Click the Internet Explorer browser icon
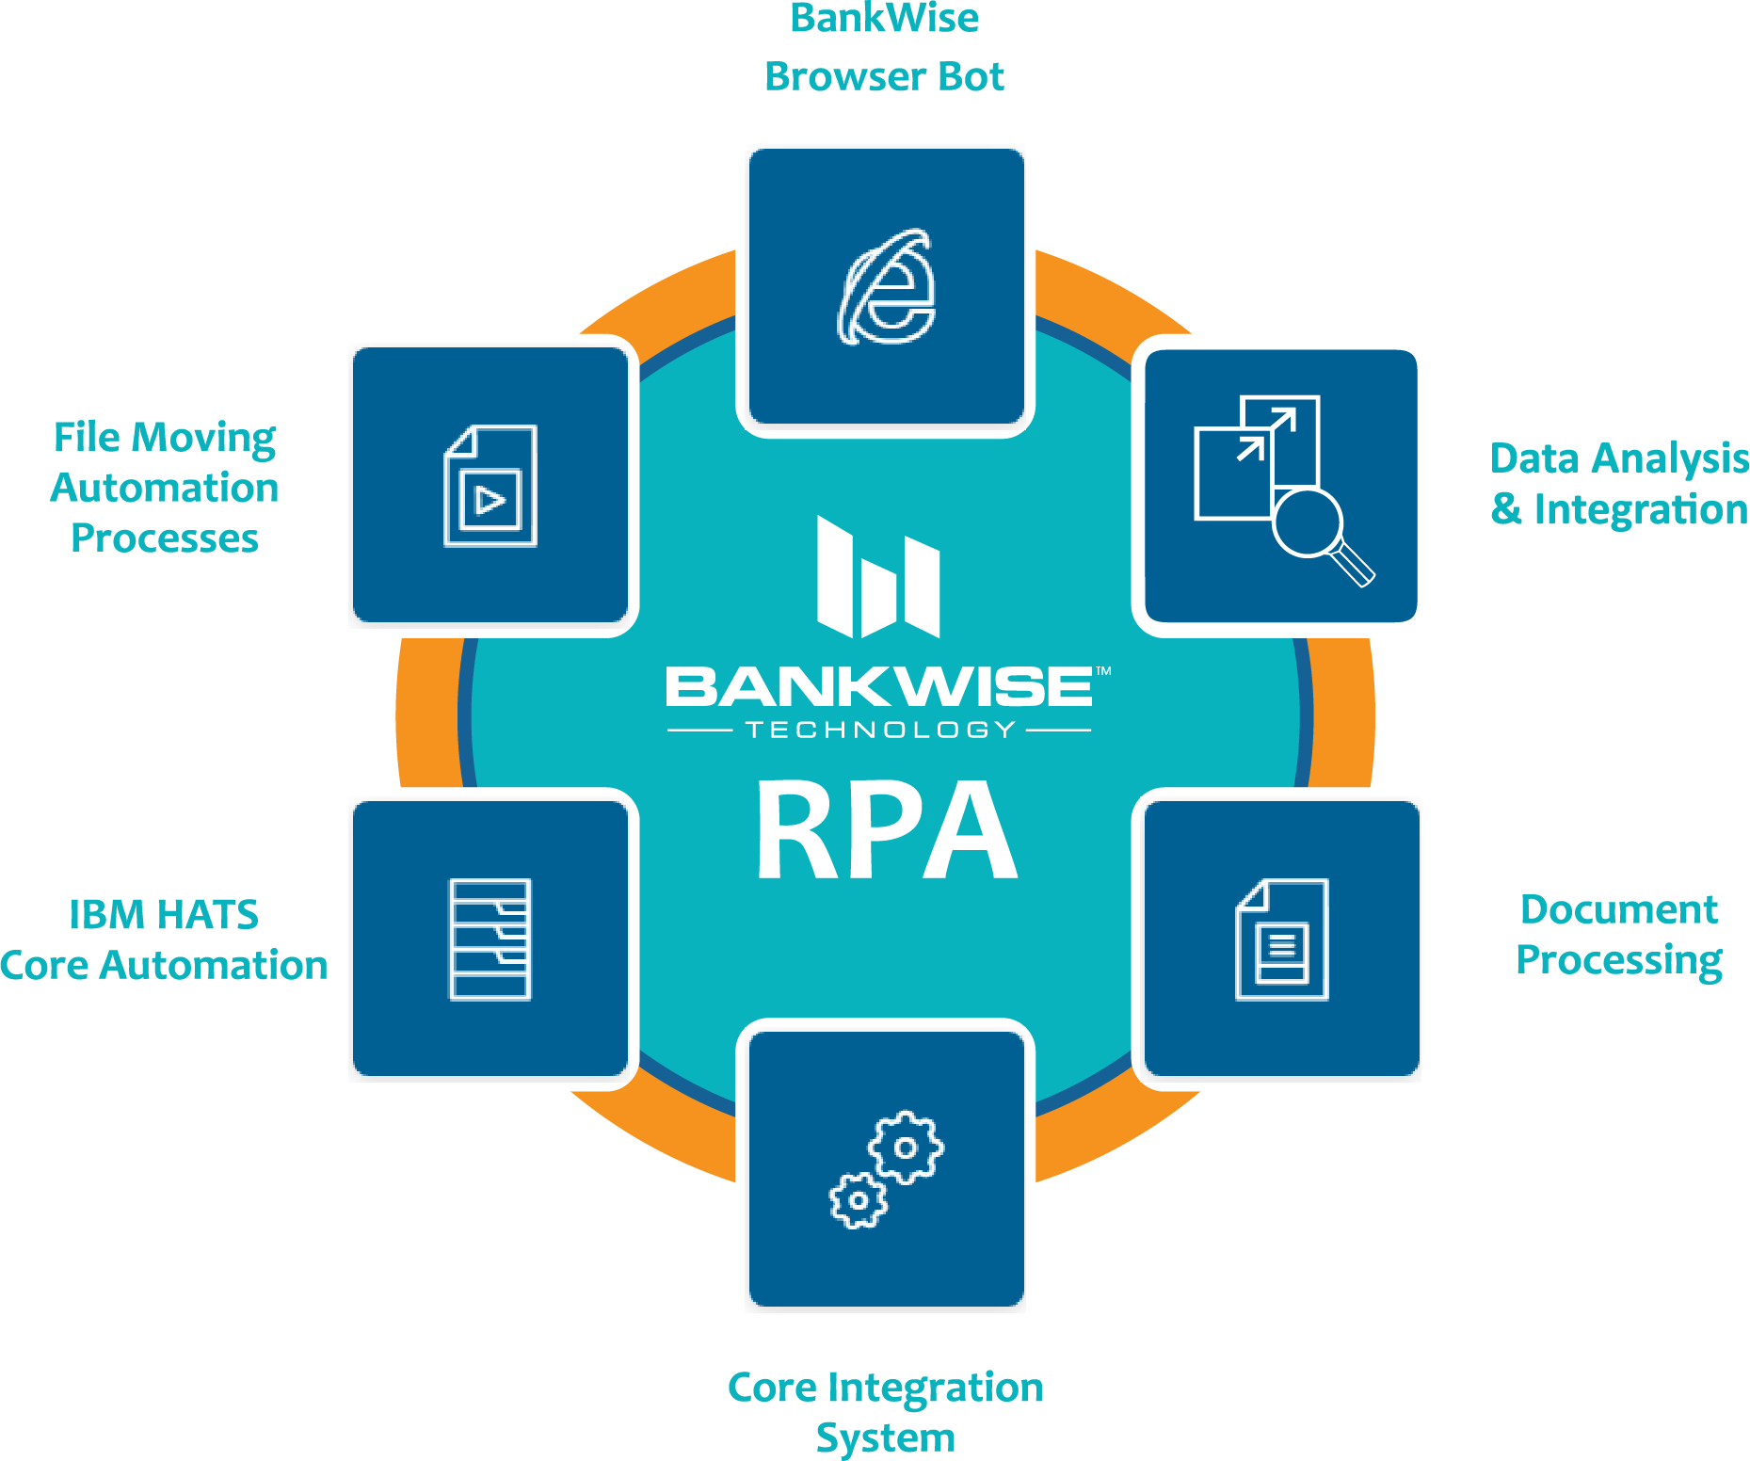887,287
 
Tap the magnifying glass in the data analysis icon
1318,533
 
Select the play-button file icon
490,486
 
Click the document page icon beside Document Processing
1282,939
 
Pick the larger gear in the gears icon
906,1147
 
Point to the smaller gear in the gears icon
858,1200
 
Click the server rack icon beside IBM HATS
490,939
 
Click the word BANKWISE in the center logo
879,686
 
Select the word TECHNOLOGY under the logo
880,730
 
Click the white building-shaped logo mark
878,576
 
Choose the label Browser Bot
884,76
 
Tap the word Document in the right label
1619,909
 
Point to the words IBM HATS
164,914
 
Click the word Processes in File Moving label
165,538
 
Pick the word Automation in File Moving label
165,488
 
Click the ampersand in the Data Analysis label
1506,509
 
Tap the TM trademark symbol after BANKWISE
1103,671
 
